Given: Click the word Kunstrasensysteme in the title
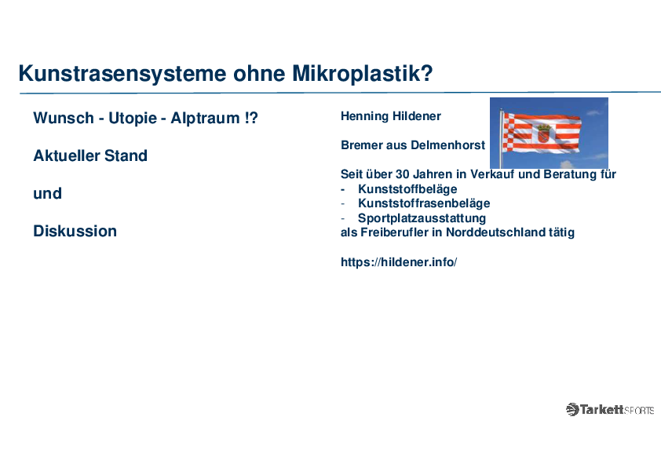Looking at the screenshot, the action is point(122,74).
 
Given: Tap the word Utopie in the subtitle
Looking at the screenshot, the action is point(133,119).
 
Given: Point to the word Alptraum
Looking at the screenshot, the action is point(205,119).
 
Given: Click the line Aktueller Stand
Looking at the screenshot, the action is point(90,155).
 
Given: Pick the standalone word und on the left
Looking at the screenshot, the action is point(48,193).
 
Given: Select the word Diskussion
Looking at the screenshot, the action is point(75,231).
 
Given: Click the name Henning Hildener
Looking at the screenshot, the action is point(391,116).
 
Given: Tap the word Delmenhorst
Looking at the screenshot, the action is point(448,145).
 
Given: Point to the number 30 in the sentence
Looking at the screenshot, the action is point(402,174).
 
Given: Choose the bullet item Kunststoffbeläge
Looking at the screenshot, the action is point(407,189).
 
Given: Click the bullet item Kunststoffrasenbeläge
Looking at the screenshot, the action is point(424,203).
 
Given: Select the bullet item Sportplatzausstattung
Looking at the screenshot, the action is point(422,218).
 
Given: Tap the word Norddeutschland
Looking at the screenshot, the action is point(495,232).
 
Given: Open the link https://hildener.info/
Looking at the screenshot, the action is point(399,262).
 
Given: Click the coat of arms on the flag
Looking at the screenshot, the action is point(543,133).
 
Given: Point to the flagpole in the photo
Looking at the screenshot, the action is point(501,138).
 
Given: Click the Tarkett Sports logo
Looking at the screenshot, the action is point(609,409).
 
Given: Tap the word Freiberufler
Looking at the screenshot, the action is point(394,232).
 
